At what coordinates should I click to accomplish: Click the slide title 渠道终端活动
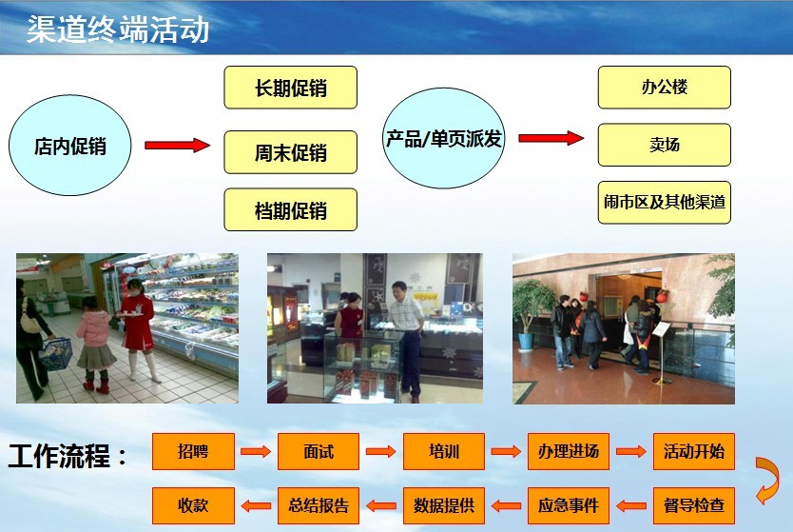click(x=118, y=30)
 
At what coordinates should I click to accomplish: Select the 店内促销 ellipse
click(x=69, y=146)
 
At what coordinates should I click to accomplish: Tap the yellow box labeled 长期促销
click(x=290, y=88)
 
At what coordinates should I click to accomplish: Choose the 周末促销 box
click(x=290, y=152)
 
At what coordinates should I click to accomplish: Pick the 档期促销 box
click(x=290, y=210)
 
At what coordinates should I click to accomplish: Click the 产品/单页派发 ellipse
click(x=443, y=138)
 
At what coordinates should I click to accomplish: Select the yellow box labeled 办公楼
click(x=664, y=87)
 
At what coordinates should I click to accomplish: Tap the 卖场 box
click(x=664, y=145)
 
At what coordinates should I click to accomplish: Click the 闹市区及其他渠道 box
click(x=664, y=203)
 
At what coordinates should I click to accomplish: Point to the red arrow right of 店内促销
click(x=177, y=146)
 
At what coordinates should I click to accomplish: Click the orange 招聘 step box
click(x=193, y=451)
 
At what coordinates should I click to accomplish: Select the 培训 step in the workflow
click(x=443, y=451)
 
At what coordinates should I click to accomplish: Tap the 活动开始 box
click(x=694, y=451)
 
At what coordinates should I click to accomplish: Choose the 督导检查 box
click(x=694, y=505)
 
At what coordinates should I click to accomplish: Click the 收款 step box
click(x=193, y=505)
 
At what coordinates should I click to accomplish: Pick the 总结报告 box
click(x=319, y=505)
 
